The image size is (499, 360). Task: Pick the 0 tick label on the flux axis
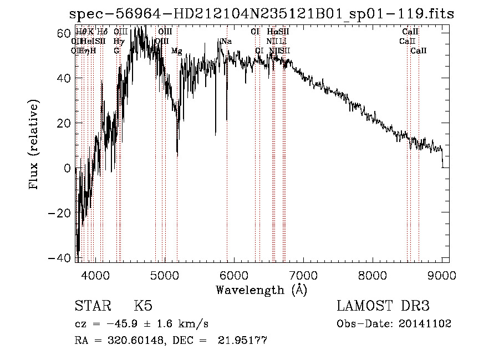point(67,168)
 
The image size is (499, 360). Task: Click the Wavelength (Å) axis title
point(262,289)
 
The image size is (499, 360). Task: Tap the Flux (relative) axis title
point(34,145)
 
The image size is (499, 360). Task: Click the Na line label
point(226,42)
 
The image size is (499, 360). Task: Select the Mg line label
point(176,51)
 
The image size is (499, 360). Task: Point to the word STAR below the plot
point(91,306)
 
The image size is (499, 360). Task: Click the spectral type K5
point(143,306)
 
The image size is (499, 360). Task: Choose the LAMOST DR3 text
point(383,306)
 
